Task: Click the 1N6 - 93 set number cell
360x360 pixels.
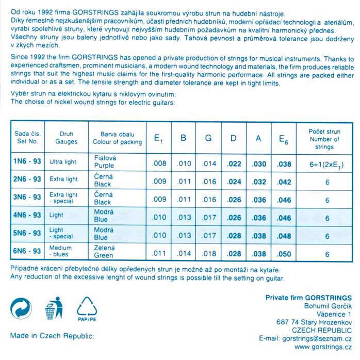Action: [x=27, y=162]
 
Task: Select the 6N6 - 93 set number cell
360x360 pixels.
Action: [x=27, y=251]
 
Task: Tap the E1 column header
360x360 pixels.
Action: [x=159, y=138]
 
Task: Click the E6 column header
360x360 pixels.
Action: [x=284, y=138]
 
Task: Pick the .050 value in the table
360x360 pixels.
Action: [x=284, y=253]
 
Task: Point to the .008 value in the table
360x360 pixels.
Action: [x=159, y=164]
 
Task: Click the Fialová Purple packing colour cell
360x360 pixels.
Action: [x=105, y=162]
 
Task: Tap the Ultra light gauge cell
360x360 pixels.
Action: [x=63, y=162]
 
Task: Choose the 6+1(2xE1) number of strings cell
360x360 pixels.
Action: [x=326, y=165]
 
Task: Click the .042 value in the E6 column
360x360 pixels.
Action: [x=284, y=182]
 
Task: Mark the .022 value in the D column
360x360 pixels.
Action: [x=234, y=164]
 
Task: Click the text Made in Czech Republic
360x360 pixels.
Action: [x=52, y=336]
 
